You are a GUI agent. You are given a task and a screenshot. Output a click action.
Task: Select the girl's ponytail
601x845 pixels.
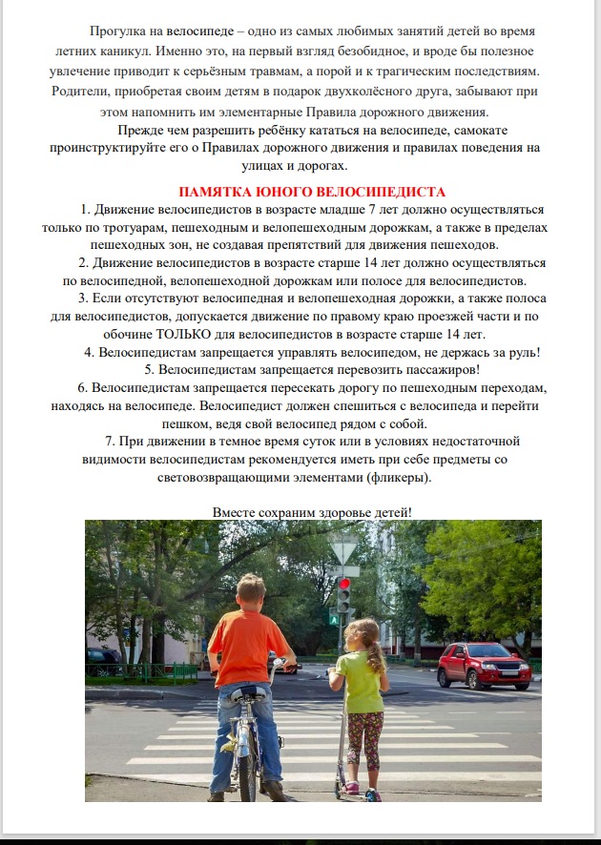[379, 654]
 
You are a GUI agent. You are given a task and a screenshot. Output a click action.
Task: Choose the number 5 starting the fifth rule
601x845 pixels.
[148, 370]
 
